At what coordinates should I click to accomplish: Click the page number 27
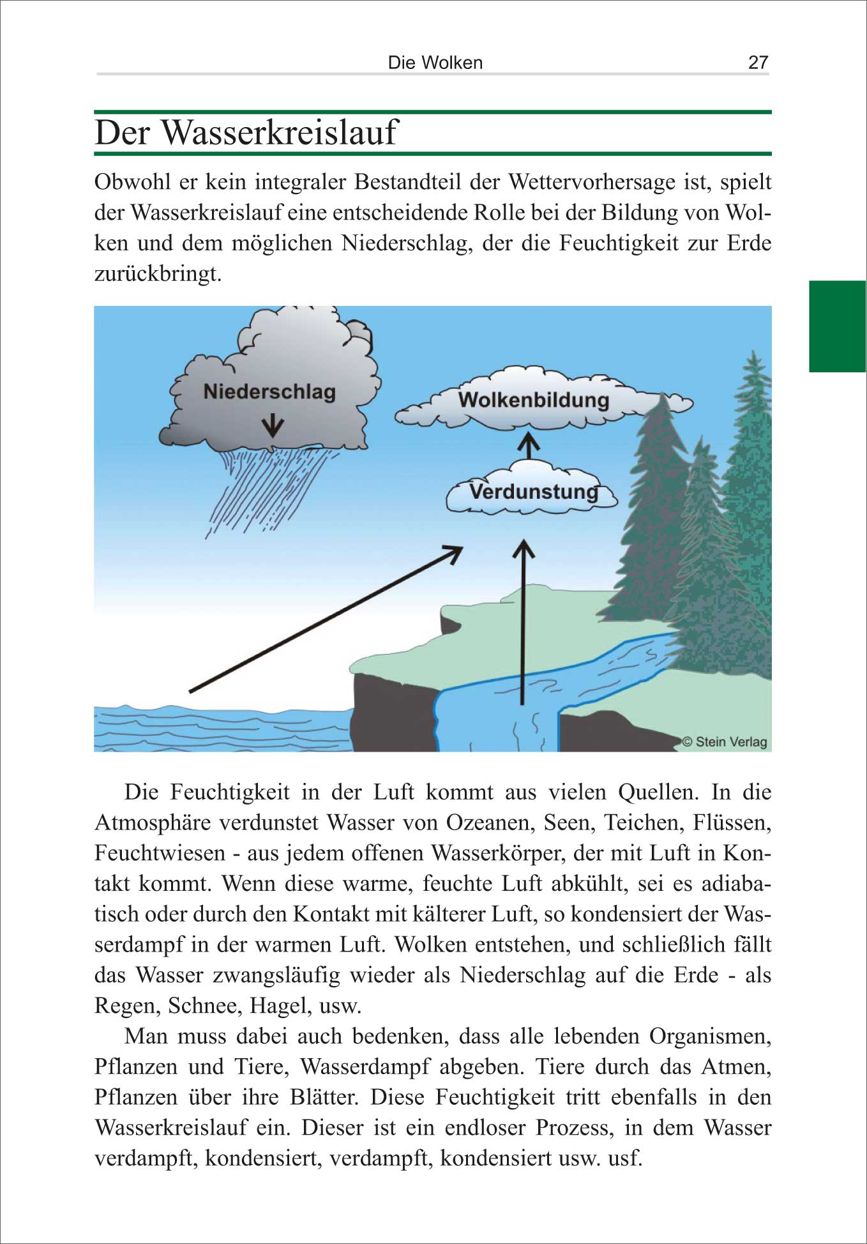[758, 62]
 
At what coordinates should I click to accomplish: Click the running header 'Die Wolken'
[435, 63]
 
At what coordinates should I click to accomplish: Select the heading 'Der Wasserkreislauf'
[246, 133]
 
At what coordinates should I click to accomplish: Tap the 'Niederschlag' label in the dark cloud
[269, 391]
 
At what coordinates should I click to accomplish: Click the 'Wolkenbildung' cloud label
[534, 400]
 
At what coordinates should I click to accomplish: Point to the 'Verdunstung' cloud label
[534, 492]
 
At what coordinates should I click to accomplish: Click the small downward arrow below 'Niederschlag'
[273, 424]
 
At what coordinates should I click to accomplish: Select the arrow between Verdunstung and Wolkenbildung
[528, 445]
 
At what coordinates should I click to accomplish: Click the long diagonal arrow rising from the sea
[326, 619]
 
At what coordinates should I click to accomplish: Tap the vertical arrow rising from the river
[524, 619]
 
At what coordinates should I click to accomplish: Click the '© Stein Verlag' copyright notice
[725, 741]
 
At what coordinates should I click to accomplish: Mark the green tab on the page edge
[837, 326]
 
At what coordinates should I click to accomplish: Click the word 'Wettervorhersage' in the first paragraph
[592, 182]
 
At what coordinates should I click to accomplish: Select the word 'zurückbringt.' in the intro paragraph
[158, 274]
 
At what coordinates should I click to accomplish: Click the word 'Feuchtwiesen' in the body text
[160, 853]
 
